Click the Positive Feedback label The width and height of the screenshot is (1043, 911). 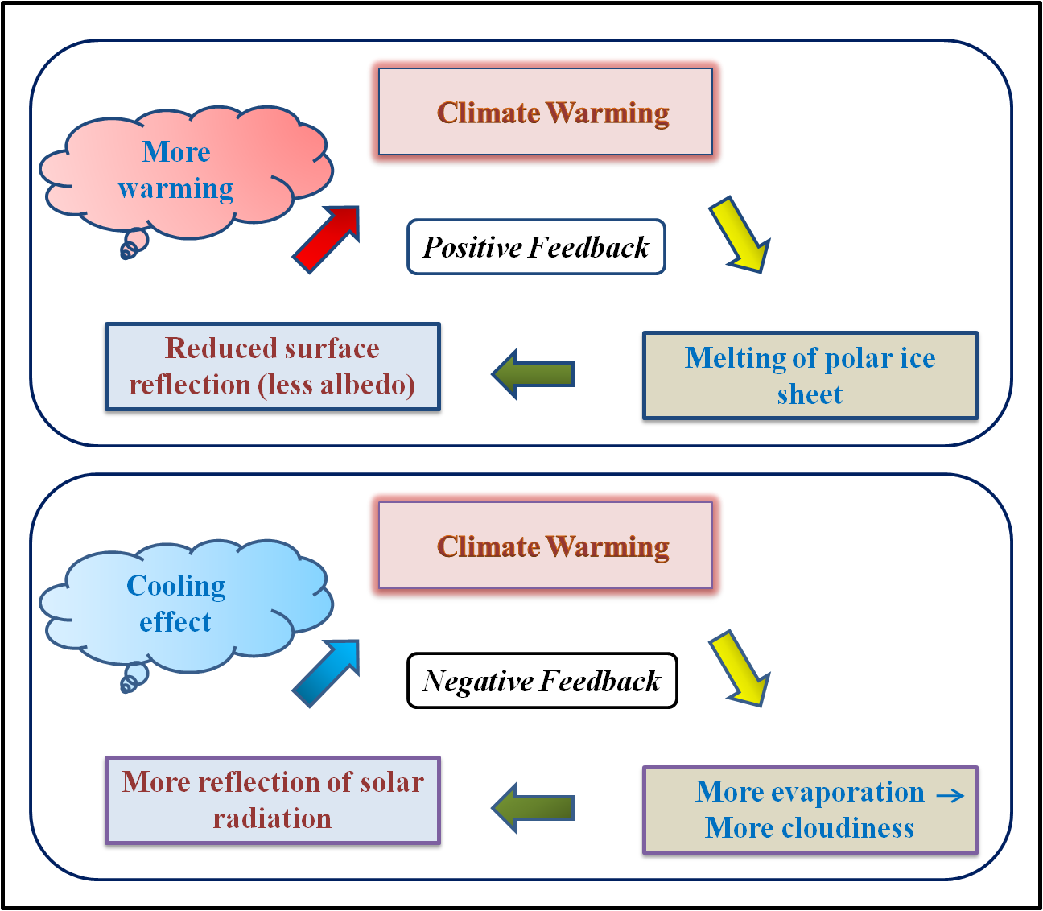coord(536,247)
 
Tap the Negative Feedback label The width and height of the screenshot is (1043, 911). coord(542,682)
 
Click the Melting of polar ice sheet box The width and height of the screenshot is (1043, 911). coord(810,376)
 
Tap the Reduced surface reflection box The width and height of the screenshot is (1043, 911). coord(272,367)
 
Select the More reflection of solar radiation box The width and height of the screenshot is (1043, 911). coord(272,800)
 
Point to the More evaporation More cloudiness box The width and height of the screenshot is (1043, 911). coord(810,810)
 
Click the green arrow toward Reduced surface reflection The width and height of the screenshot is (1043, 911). coord(533,374)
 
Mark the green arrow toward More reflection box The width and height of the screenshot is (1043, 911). coord(533,807)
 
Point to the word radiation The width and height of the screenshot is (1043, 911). coord(272,818)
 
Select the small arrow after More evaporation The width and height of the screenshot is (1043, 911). coord(950,795)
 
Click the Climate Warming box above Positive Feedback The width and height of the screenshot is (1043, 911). coord(546,112)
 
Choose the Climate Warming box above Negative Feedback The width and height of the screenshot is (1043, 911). coord(546,546)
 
